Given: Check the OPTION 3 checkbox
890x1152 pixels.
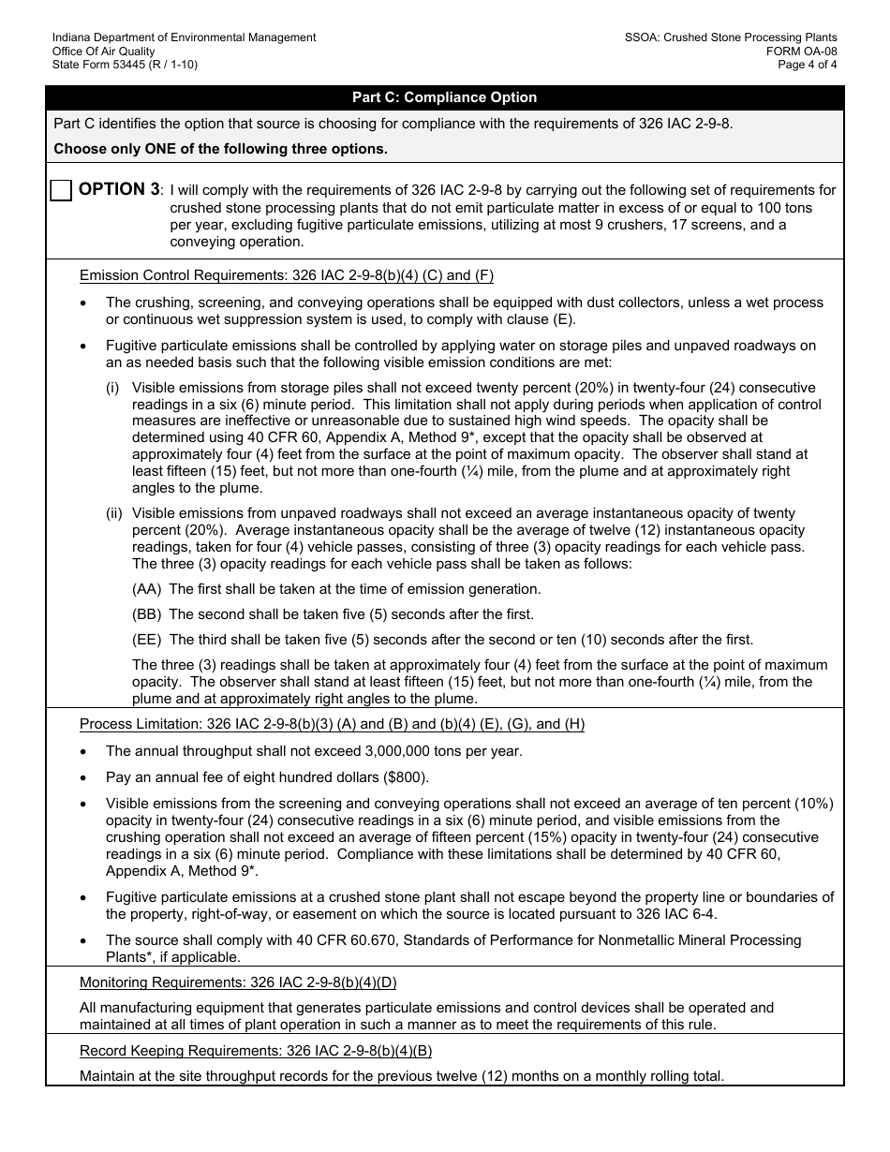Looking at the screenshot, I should (x=61, y=190).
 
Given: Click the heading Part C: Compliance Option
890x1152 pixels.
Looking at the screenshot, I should (x=444, y=97).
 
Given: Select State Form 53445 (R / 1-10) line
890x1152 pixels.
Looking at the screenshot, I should (x=125, y=65).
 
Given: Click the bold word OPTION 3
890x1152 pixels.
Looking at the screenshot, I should (x=119, y=189).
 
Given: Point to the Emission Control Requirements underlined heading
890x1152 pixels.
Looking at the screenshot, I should (x=286, y=275).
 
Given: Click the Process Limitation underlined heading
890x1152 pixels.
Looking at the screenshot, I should (x=332, y=724).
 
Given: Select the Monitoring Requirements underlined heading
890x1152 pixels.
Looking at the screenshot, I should (x=238, y=982).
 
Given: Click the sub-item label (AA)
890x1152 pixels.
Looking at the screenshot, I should (x=146, y=589).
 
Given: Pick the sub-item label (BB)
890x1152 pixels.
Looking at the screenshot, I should (x=146, y=614).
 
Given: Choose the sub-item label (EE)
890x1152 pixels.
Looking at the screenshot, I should (x=146, y=640).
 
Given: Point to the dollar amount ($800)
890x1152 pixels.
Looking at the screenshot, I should (x=407, y=777).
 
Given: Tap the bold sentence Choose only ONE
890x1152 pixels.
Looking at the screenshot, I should (x=220, y=148).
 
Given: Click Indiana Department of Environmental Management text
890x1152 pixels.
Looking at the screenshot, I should (x=184, y=37).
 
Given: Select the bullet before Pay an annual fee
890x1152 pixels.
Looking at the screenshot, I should (x=86, y=778).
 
